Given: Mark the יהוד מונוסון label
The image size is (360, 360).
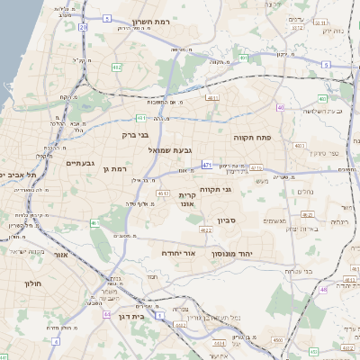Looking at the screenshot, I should point(235,254).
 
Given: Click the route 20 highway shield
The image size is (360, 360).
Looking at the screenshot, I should point(84,28).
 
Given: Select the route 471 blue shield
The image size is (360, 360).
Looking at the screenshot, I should point(207,165).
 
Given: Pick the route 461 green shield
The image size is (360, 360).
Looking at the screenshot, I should point(94,222).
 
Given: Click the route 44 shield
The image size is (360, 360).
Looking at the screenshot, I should point(106,315).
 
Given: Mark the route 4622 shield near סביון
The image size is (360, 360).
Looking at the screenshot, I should point(205,230).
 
